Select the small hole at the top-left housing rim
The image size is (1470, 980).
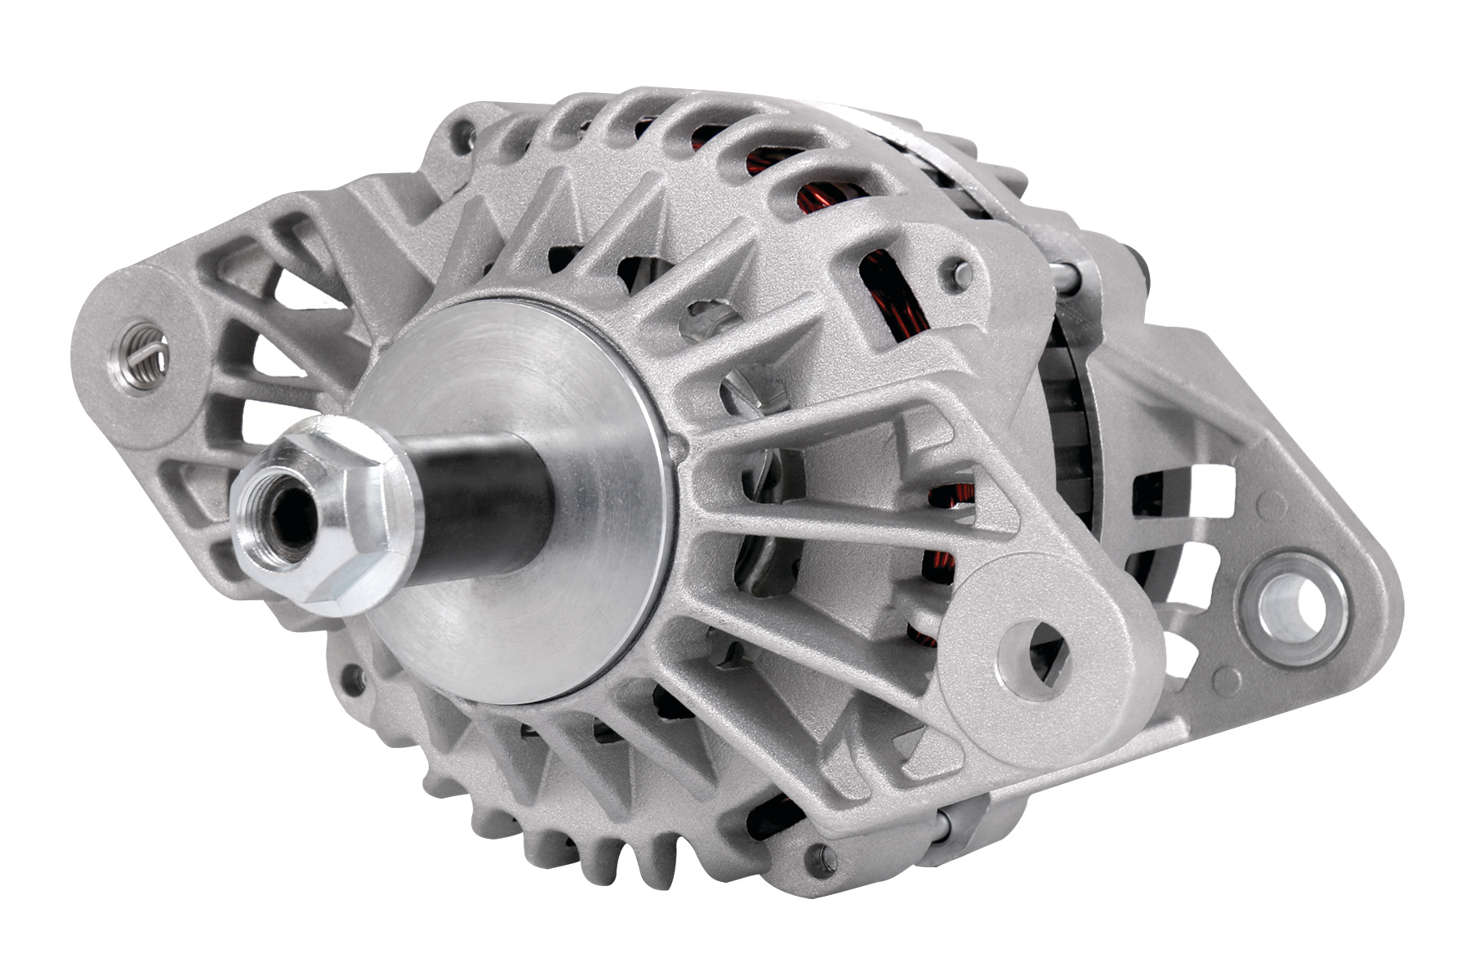point(466,131)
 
